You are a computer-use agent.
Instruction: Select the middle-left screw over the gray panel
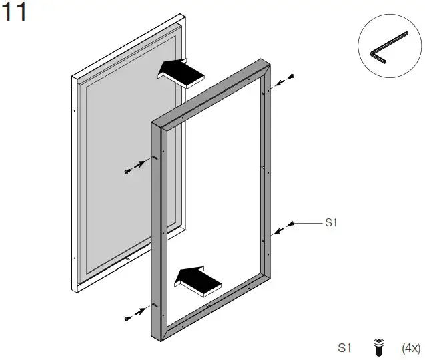tap(127, 172)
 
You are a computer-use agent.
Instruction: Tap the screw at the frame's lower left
tap(127, 318)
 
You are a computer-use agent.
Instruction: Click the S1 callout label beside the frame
tap(331, 223)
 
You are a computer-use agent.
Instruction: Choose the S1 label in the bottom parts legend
tap(344, 347)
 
